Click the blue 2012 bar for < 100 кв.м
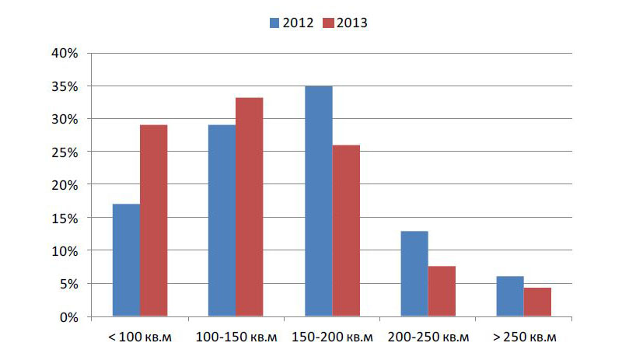click(x=126, y=260)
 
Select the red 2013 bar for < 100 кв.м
click(x=153, y=221)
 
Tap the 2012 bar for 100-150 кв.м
click(x=222, y=221)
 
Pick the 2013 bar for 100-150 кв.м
click(x=249, y=207)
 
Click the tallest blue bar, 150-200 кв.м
click(x=318, y=201)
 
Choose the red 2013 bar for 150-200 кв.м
click(x=345, y=231)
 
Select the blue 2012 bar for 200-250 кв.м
click(x=414, y=274)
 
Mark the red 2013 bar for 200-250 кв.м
click(x=441, y=292)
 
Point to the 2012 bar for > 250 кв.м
click(x=510, y=296)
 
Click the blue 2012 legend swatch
click(x=274, y=23)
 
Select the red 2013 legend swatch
click(x=327, y=23)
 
